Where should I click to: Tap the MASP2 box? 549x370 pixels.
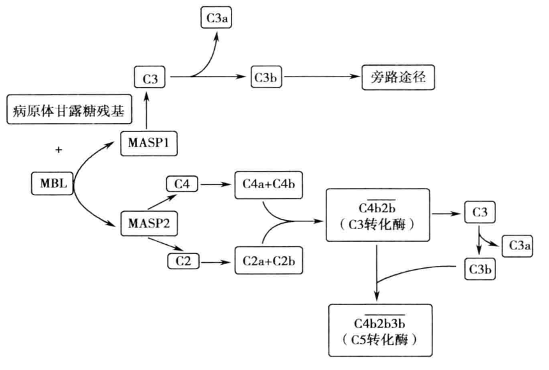(x=148, y=225)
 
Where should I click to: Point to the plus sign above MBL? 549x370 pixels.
(x=59, y=150)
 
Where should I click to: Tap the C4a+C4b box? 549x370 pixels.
(x=268, y=184)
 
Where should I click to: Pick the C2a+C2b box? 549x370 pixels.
(x=268, y=262)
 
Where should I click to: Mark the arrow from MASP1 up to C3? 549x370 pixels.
(x=148, y=110)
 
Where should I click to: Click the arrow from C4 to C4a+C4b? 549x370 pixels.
(x=217, y=184)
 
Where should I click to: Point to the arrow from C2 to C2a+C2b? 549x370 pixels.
(x=217, y=262)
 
